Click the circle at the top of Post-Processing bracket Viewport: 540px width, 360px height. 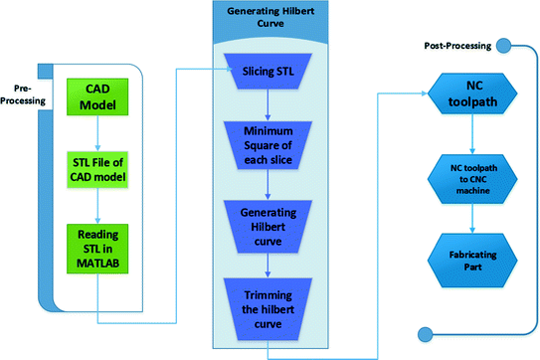tap(503, 45)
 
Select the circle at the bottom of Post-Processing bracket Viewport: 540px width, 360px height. tap(429, 333)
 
